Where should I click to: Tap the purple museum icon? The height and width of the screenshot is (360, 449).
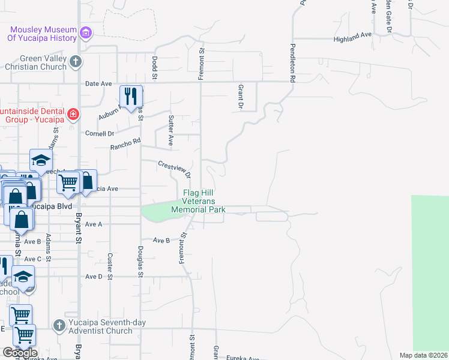pyautogui.click(x=86, y=32)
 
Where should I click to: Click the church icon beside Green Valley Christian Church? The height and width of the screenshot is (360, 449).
pyautogui.click(x=76, y=61)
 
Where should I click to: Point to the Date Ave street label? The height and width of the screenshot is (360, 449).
pyautogui.click(x=99, y=84)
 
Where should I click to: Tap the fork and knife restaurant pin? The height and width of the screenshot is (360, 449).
pyautogui.click(x=130, y=97)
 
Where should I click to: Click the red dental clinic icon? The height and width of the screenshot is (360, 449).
pyautogui.click(x=73, y=113)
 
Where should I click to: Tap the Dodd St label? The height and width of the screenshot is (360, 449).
pyautogui.click(x=154, y=68)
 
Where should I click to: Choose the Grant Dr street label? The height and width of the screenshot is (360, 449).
pyautogui.click(x=240, y=97)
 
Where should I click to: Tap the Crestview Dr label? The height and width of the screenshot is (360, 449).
pyautogui.click(x=175, y=168)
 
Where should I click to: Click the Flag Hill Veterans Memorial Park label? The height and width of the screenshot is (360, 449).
pyautogui.click(x=199, y=201)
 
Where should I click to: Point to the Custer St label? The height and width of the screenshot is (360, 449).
pyautogui.click(x=110, y=266)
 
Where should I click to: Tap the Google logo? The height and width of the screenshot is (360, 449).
pyautogui.click(x=19, y=353)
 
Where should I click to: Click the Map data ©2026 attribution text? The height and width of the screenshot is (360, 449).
pyautogui.click(x=423, y=355)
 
